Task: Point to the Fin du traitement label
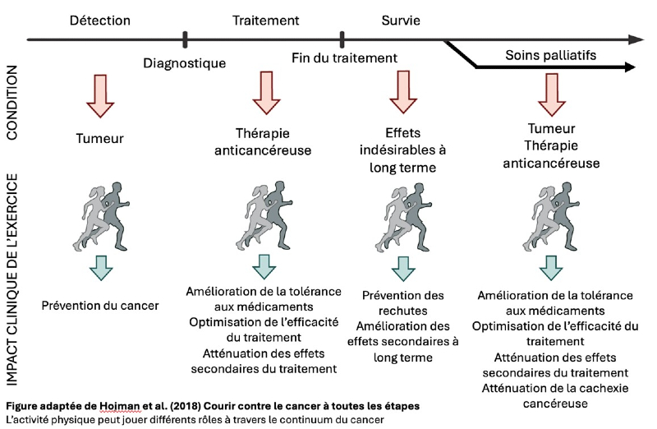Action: click(x=344, y=58)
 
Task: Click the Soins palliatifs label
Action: click(x=551, y=57)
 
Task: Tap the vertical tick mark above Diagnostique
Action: click(x=186, y=39)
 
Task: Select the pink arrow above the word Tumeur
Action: click(x=100, y=97)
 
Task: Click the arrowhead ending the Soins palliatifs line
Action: click(x=634, y=69)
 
